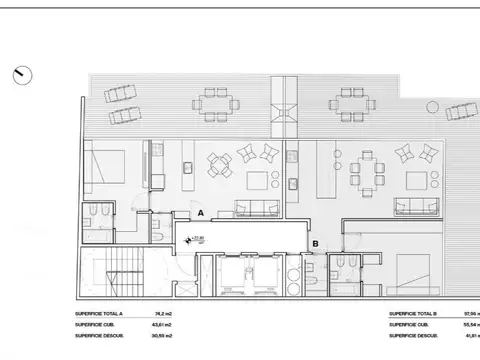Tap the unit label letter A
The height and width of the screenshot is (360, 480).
[x=200, y=214]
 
